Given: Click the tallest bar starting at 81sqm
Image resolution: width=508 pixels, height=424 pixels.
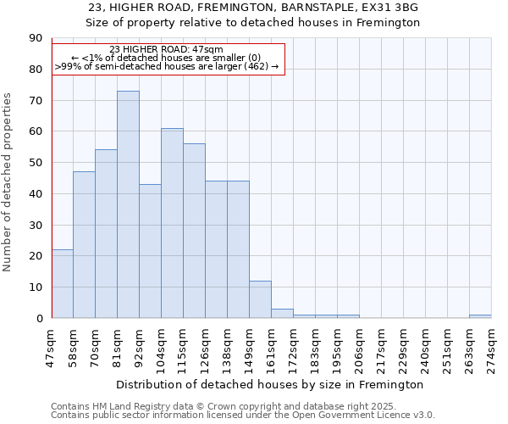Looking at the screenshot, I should click(x=128, y=204).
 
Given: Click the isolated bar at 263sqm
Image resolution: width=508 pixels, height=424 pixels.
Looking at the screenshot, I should click(x=480, y=316).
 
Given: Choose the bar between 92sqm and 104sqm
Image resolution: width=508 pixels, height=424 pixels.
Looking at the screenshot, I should click(x=150, y=251).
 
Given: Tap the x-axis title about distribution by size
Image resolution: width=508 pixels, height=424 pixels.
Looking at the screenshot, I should click(x=270, y=384).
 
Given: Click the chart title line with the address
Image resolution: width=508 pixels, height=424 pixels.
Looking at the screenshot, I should click(x=253, y=8).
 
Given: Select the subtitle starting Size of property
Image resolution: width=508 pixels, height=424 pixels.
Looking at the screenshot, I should click(x=253, y=23).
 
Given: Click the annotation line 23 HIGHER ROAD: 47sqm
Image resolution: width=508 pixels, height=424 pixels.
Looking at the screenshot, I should click(x=167, y=49).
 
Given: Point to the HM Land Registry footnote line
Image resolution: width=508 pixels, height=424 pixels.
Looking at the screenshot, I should click(x=242, y=406).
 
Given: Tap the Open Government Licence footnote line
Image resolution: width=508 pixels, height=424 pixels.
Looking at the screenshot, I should click(x=242, y=416).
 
